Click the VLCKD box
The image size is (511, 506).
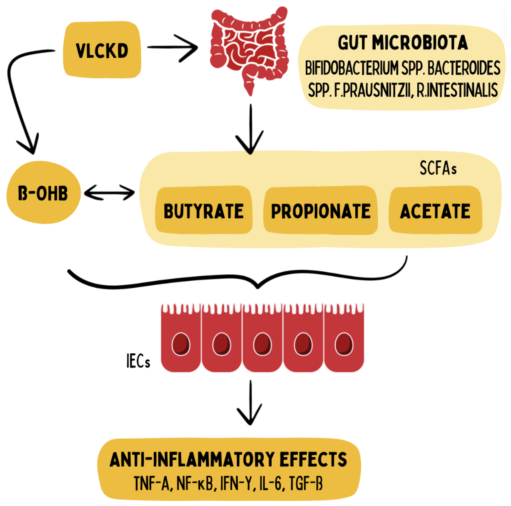(102, 50)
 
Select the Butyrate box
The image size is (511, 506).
(203, 211)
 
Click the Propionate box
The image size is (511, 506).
(321, 211)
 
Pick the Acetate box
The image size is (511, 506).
(435, 211)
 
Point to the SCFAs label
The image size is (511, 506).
(438, 168)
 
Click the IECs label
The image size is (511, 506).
(138, 361)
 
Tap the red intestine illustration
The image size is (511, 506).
(249, 47)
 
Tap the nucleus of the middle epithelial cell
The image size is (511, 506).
(262, 344)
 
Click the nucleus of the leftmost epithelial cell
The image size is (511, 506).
(181, 344)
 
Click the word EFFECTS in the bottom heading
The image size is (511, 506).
(313, 459)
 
